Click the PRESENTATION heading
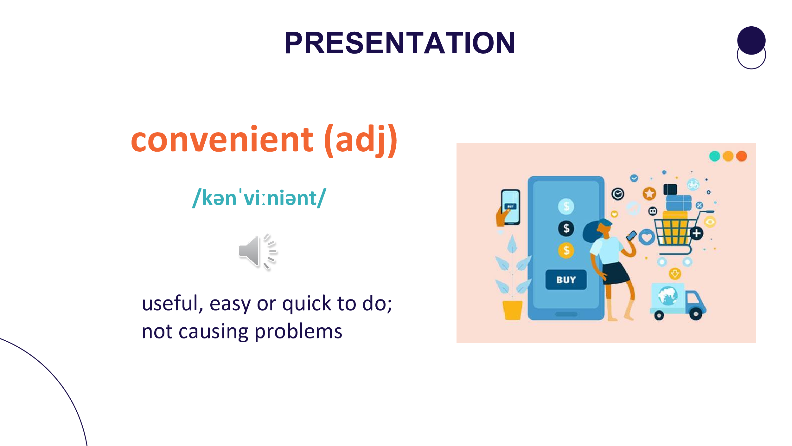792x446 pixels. [399, 43]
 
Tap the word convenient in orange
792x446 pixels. [222, 139]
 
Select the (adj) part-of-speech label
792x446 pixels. [361, 141]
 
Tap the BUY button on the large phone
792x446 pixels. [566, 280]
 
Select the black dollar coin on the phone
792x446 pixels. [566, 228]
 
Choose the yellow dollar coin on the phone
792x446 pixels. [566, 250]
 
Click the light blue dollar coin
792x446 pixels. [566, 207]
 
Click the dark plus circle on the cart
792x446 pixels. [697, 233]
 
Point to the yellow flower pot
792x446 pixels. [513, 310]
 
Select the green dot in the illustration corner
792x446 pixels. [715, 156]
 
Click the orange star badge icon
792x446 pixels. [649, 193]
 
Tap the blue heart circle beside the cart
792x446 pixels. [647, 237]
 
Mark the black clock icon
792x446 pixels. [618, 194]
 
